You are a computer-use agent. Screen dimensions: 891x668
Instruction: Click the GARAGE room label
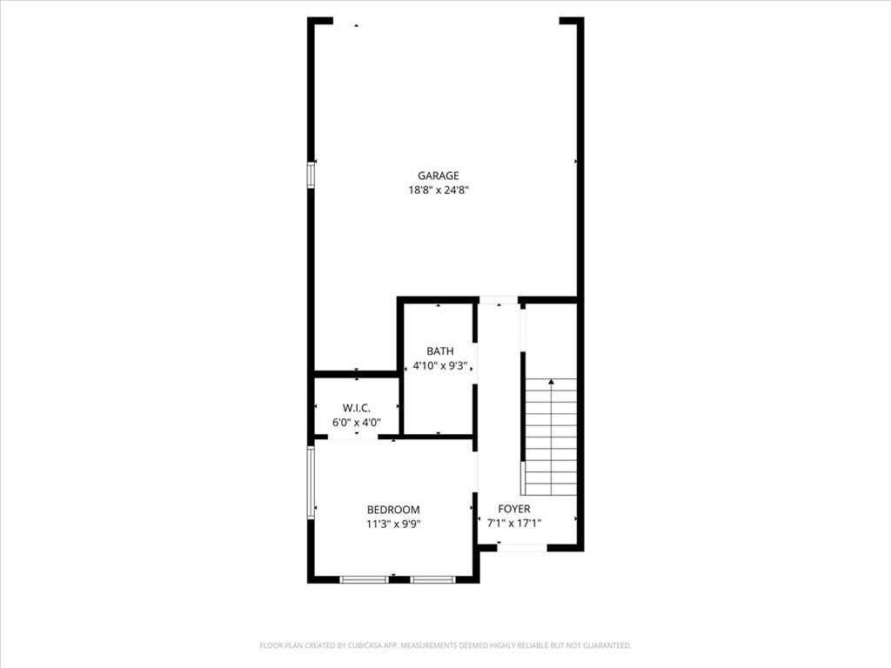[x=439, y=176]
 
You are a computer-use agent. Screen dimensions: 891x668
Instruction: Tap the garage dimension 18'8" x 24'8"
[x=439, y=190]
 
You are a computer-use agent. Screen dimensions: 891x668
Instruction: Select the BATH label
[x=439, y=351]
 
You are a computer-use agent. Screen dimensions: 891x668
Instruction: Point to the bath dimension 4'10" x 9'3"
[x=439, y=366]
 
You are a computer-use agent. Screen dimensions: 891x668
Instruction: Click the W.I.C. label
[x=356, y=408]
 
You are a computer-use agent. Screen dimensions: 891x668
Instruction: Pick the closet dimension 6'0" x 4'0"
[x=356, y=422]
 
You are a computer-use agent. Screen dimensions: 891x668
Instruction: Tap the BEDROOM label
[x=393, y=510]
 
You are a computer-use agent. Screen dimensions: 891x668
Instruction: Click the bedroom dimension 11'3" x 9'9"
[x=393, y=524]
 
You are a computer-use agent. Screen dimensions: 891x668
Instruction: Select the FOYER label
[x=514, y=509]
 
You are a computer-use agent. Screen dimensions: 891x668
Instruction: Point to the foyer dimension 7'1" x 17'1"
[x=514, y=523]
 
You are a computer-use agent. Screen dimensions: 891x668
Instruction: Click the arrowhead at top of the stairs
[x=551, y=382]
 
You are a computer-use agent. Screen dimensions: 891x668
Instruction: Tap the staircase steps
[x=550, y=437]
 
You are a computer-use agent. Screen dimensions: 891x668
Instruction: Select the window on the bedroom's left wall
[x=311, y=482]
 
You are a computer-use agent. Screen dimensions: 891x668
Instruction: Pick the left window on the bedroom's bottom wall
[x=364, y=579]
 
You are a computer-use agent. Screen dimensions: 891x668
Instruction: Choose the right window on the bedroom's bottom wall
[x=432, y=579]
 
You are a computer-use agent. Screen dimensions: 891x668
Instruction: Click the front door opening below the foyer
[x=522, y=548]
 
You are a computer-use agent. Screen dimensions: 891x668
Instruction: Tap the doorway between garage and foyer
[x=499, y=300]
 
